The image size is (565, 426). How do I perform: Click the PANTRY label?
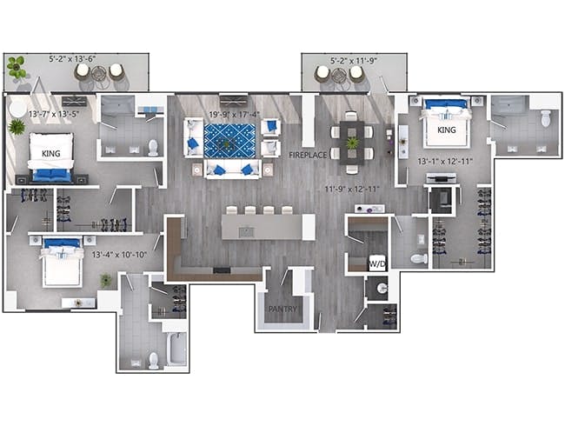(282, 309)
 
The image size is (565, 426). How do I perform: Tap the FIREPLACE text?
(308, 155)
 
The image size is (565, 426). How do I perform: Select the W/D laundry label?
(377, 264)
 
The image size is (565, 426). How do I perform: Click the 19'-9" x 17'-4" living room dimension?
(234, 115)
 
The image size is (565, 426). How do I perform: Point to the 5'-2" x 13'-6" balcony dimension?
(72, 59)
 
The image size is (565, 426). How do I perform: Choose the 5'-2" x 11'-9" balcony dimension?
(354, 61)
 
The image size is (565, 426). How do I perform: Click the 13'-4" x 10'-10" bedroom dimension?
(119, 255)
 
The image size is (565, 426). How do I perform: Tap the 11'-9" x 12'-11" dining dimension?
(352, 189)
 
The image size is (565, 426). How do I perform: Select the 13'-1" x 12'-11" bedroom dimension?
(445, 161)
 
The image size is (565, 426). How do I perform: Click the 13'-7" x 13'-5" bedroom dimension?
(54, 114)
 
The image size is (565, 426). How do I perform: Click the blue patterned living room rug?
(229, 141)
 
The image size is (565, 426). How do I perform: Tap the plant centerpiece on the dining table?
(351, 143)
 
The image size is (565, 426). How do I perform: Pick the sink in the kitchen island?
(247, 232)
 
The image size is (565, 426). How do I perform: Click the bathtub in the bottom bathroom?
(177, 349)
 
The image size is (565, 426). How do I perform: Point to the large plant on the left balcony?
(17, 67)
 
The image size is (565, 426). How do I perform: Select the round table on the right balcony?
(339, 76)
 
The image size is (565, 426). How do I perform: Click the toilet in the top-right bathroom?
(546, 118)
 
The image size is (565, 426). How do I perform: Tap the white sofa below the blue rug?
(232, 170)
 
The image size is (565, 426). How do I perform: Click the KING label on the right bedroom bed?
(447, 130)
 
